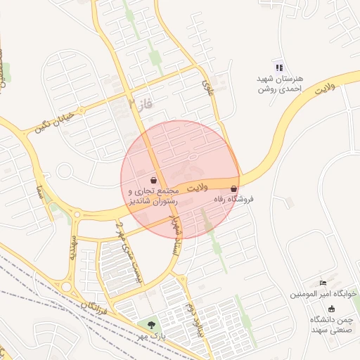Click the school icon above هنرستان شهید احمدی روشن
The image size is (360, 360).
(279, 67)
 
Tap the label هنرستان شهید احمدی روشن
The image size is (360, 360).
(279, 84)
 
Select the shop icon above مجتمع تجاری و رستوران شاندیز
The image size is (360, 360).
(153, 180)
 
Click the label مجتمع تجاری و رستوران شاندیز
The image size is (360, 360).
(153, 196)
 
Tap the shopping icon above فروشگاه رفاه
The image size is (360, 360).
(233, 188)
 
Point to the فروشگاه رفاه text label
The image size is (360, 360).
(233, 200)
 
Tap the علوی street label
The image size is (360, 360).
(207, 86)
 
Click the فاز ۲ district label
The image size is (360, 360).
(141, 105)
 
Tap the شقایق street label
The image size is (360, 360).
(72, 247)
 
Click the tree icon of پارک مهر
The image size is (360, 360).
(151, 324)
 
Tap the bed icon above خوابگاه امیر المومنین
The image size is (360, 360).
(323, 282)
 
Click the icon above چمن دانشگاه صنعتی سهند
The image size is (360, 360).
(331, 309)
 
